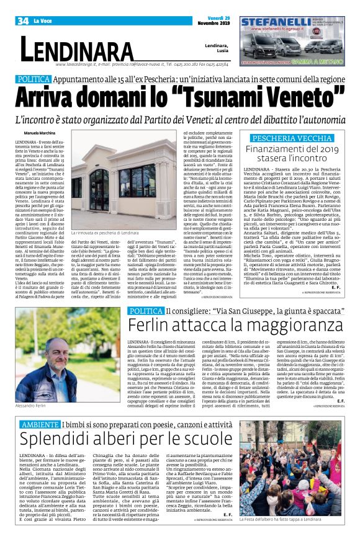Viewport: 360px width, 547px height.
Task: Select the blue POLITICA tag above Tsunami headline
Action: (x=43, y=80)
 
